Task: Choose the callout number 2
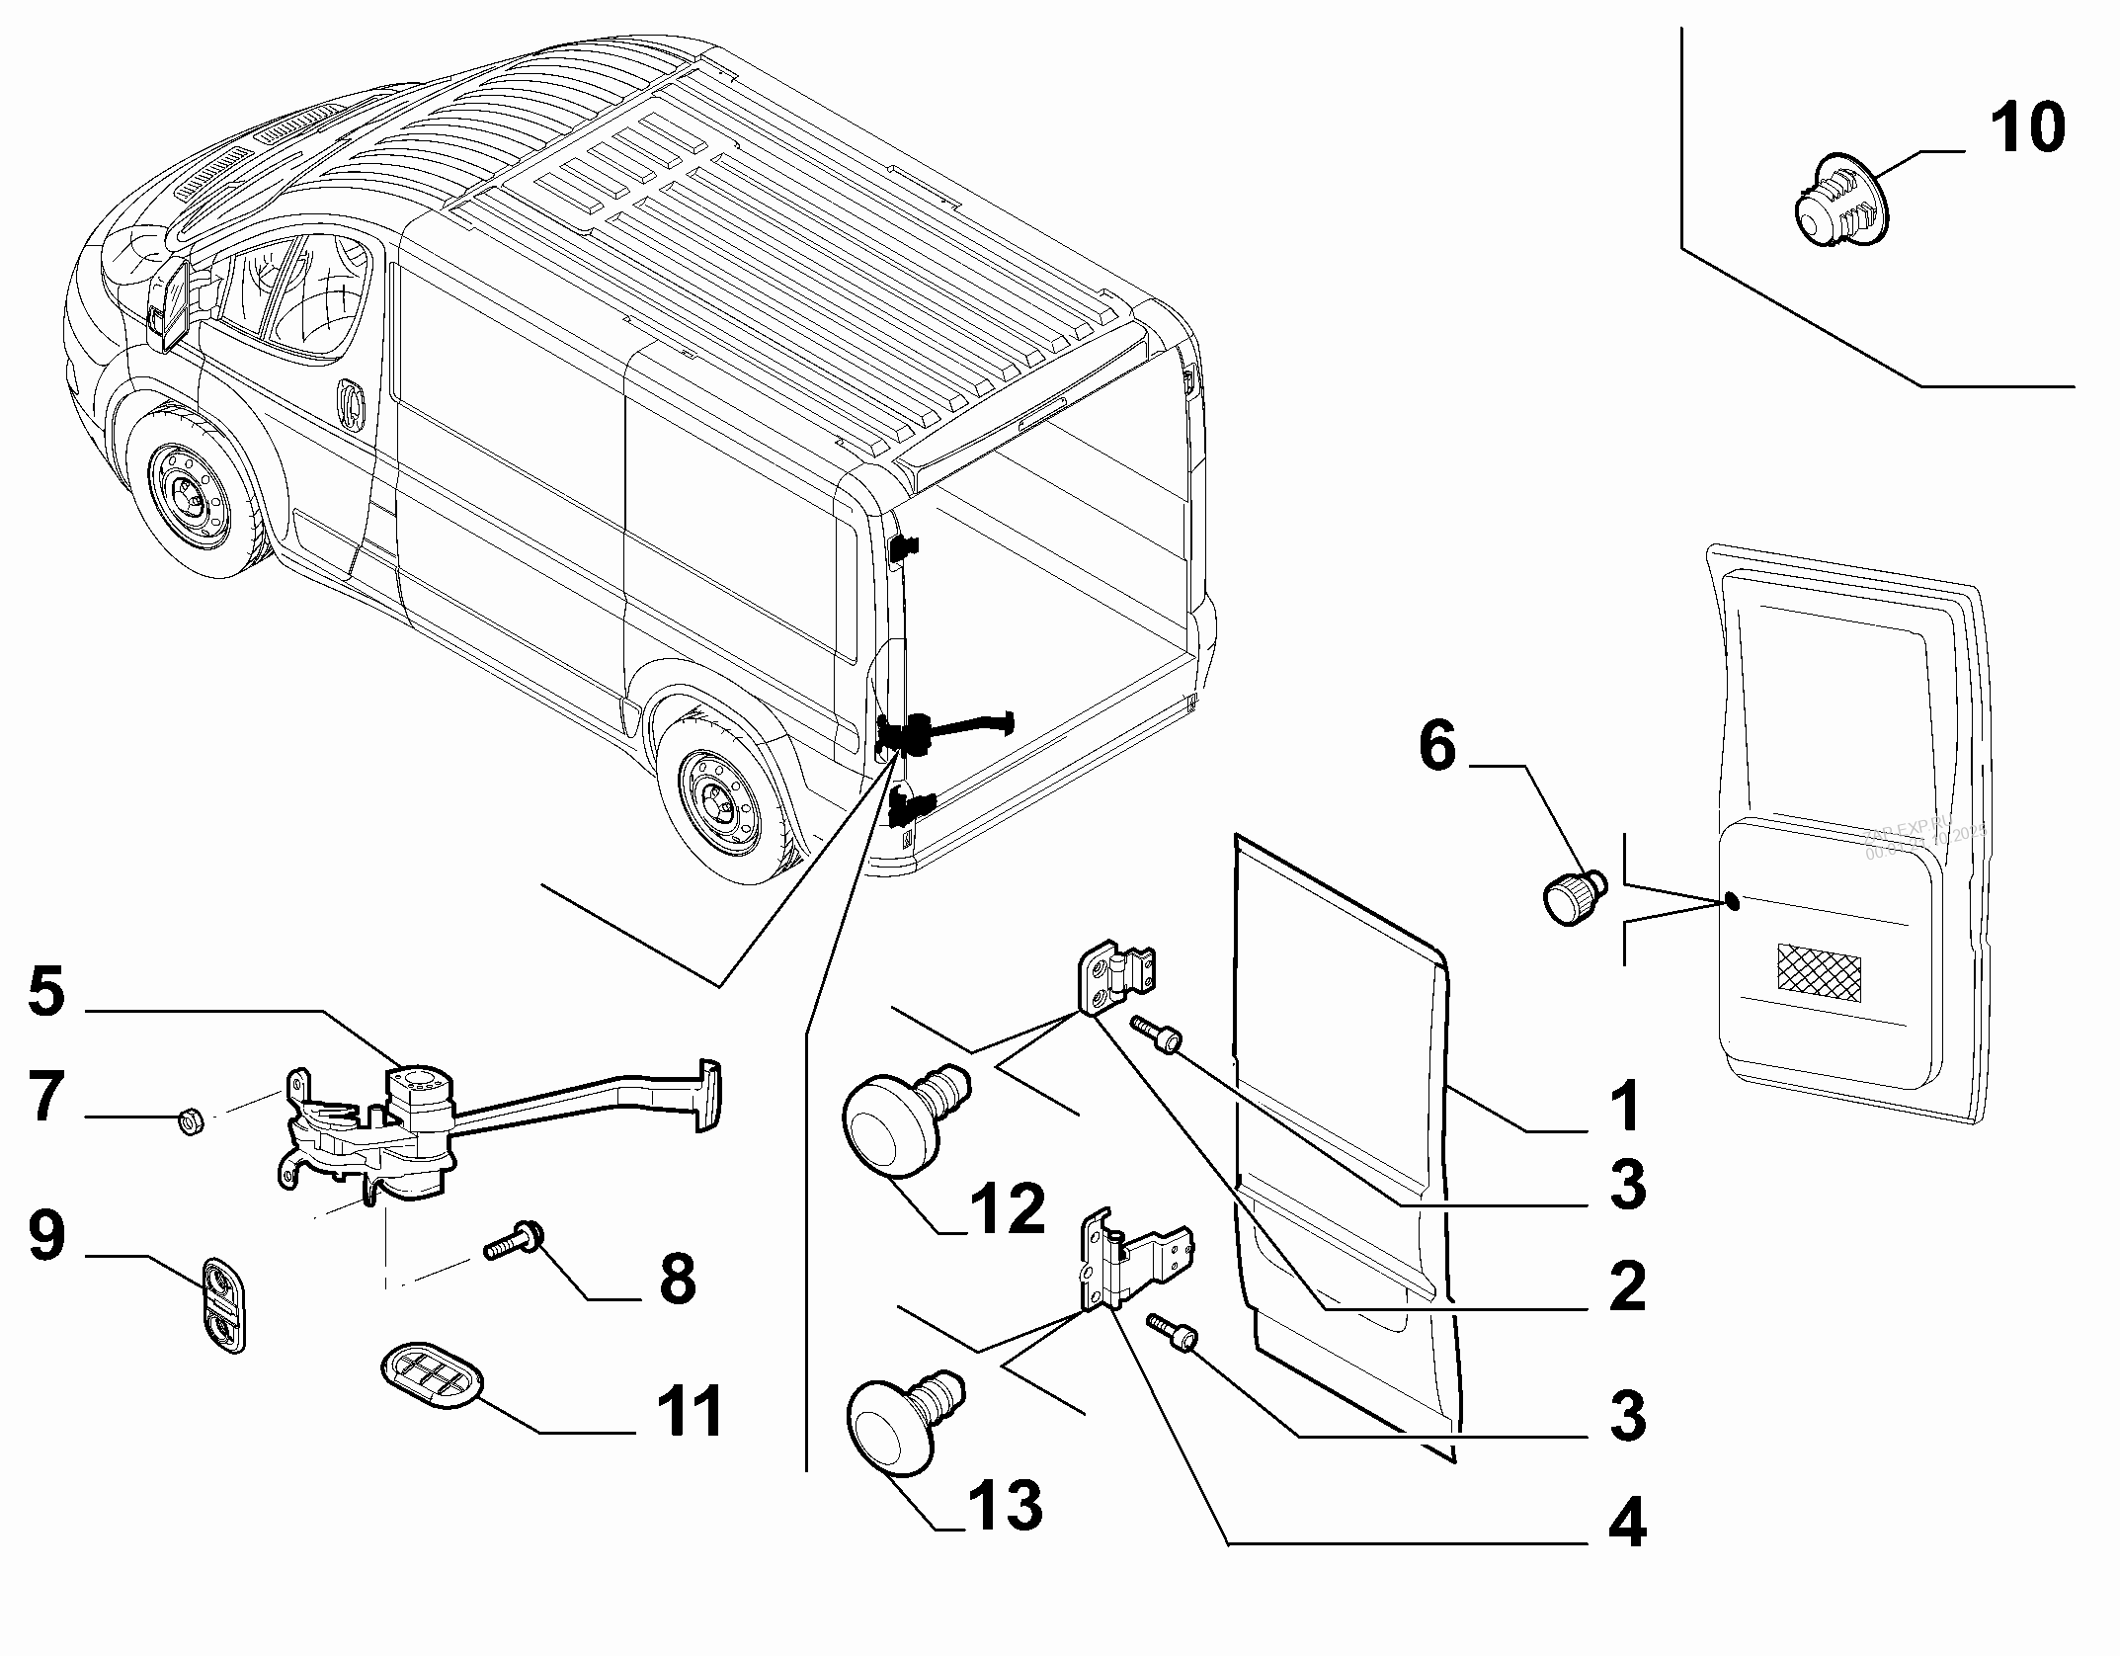(1625, 1287)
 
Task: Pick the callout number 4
(1625, 1525)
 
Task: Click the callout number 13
(1003, 1505)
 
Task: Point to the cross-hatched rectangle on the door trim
(1819, 968)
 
